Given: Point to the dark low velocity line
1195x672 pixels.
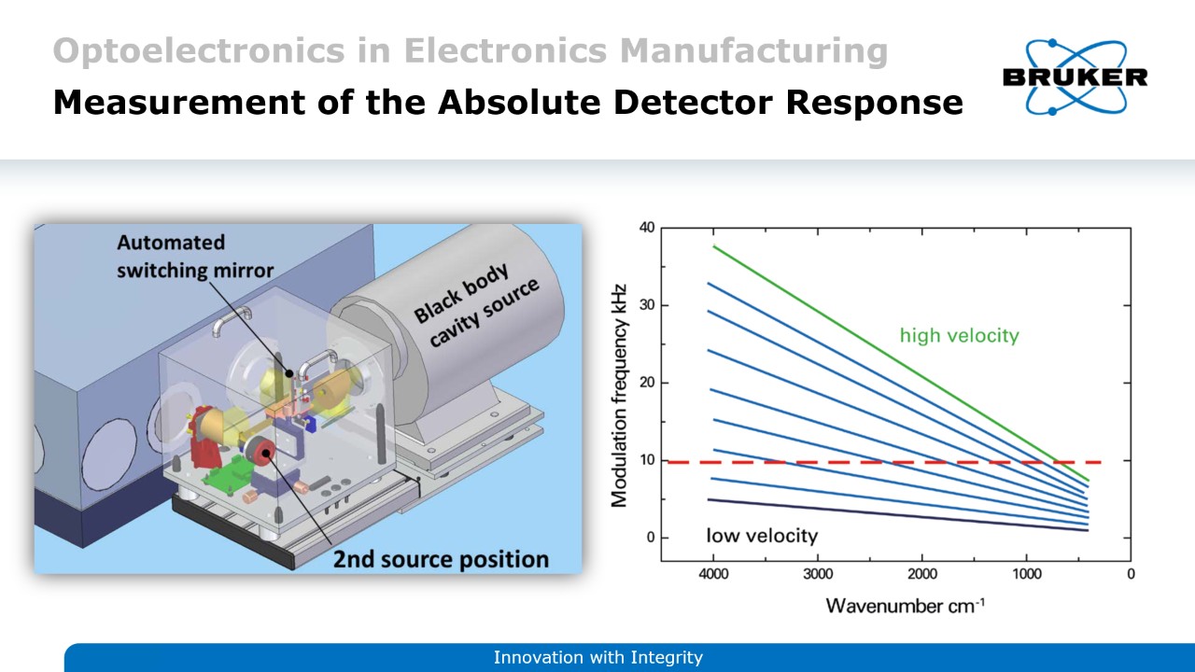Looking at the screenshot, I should (896, 515).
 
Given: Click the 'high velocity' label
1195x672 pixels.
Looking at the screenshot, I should (959, 335).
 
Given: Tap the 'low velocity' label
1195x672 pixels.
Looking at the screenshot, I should (762, 536).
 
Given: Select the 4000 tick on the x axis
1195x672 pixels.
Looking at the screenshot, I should (713, 574).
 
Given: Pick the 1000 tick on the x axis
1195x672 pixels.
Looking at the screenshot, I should (1026, 574).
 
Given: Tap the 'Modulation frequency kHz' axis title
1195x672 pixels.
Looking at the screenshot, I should (618, 396).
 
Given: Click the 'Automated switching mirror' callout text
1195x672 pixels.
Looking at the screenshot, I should (195, 257).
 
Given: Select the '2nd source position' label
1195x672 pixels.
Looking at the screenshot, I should (441, 559).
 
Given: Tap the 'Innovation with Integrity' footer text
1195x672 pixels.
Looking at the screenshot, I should (597, 658).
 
